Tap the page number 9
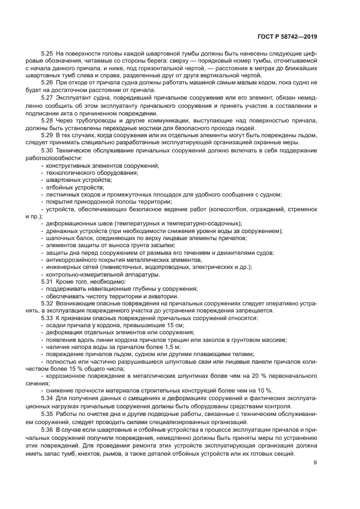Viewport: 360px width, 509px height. [315, 463]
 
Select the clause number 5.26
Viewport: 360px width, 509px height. [47, 83]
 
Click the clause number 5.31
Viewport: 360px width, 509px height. [47, 281]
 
